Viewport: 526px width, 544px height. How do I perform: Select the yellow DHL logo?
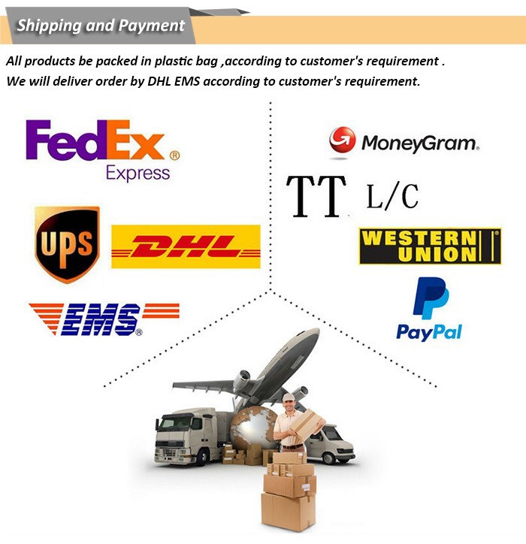coord(186,246)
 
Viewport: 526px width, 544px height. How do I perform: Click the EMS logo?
coord(104,319)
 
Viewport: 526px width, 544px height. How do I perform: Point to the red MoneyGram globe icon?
coord(342,141)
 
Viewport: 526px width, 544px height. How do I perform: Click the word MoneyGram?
coord(419,143)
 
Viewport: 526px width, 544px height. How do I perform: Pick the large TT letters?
coord(316,196)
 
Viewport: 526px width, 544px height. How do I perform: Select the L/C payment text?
coord(392,196)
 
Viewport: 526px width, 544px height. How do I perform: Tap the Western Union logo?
coord(430,246)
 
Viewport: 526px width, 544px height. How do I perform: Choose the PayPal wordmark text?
coord(429,331)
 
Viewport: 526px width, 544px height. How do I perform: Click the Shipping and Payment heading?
coord(101,26)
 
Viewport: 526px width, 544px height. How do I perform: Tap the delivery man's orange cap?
coord(288,397)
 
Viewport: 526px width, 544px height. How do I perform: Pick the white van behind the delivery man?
coord(332,443)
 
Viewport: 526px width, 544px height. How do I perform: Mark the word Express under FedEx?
coord(138,173)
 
